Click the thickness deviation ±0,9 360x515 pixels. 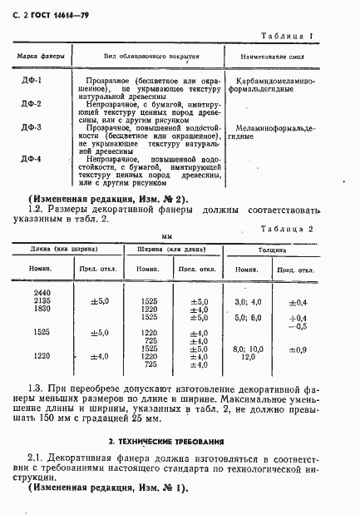click(297, 349)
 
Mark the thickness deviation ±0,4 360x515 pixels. click(297, 301)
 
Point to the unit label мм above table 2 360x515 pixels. click(180, 235)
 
